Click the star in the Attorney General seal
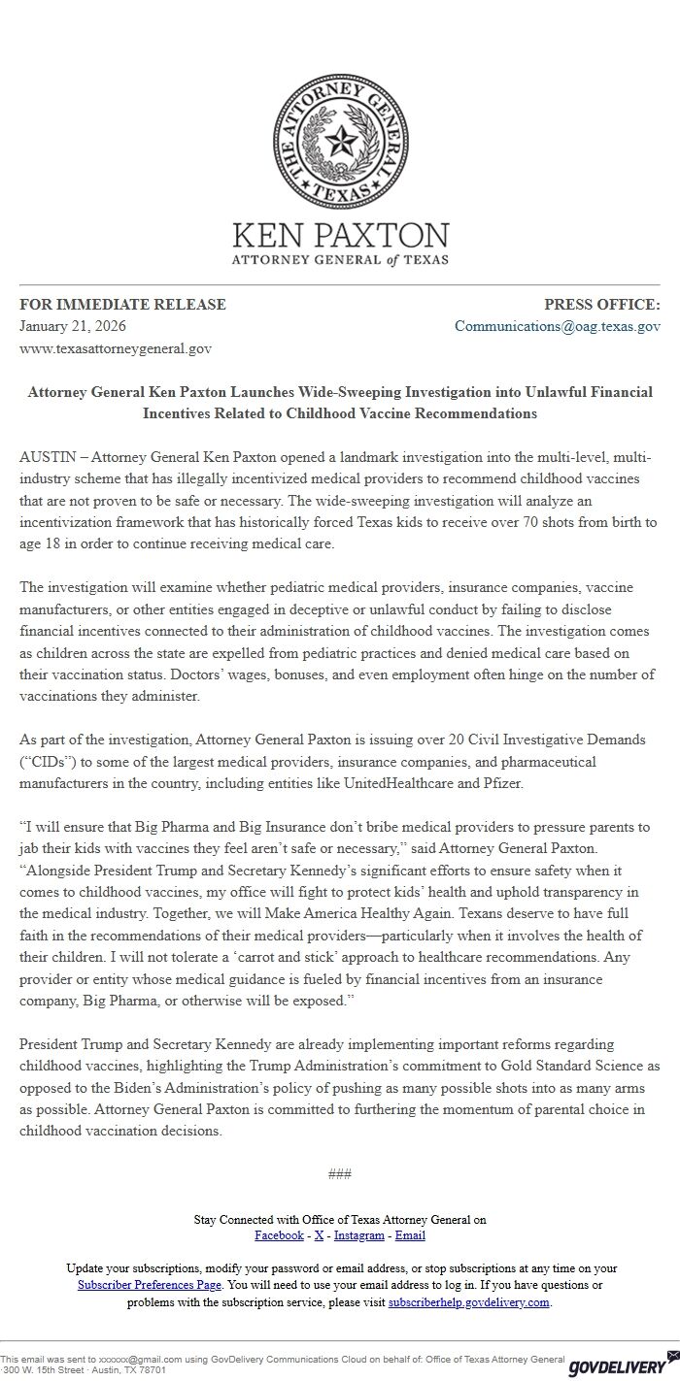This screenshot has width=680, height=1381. pos(340,145)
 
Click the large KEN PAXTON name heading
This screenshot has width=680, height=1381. pos(340,235)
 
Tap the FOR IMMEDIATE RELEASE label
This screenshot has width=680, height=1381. pos(122,304)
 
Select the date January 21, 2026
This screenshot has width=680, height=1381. pos(73,326)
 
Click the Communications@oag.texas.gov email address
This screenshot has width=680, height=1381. pos(558,326)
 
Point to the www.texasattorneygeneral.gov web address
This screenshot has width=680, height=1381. pos(116,347)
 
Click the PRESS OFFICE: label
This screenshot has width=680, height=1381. pos(601,304)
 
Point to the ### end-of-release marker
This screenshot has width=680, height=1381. pos(340,1173)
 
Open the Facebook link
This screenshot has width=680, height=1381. pos(279,1235)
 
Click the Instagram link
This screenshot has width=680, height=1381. pos(359,1235)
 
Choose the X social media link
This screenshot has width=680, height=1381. pos(319,1235)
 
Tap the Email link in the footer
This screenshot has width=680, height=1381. pos(410,1235)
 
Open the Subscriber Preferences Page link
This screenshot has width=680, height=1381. pos(151,1284)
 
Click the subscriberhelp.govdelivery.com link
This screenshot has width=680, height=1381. pos(469,1302)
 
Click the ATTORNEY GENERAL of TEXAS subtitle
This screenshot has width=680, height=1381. pos(340,260)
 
